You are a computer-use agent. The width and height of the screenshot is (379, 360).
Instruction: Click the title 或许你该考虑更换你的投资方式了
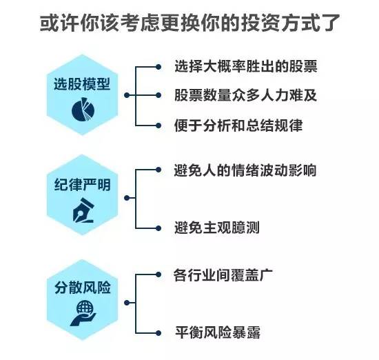click(x=190, y=23)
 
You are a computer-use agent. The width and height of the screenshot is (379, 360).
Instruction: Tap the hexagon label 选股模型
click(x=82, y=84)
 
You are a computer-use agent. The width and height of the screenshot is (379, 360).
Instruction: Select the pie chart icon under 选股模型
click(x=83, y=109)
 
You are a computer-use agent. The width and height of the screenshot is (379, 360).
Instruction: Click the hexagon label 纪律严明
click(x=82, y=184)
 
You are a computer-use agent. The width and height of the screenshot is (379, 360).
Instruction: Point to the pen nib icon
click(x=83, y=210)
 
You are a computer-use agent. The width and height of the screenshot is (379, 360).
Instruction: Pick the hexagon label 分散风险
click(x=82, y=288)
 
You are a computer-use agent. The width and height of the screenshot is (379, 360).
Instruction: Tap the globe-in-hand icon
click(x=83, y=313)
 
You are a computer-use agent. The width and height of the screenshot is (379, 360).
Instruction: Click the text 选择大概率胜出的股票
click(x=245, y=66)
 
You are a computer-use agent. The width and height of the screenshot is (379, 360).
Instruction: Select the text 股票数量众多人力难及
click(x=245, y=95)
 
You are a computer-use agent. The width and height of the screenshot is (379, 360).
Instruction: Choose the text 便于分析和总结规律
click(x=238, y=126)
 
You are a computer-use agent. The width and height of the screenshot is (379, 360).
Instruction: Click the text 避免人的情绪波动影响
click(x=245, y=170)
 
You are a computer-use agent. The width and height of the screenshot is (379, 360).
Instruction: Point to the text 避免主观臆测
click(x=216, y=228)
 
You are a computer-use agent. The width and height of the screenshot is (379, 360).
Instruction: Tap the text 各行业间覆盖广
click(x=223, y=274)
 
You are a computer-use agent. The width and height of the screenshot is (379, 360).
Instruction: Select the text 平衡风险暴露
click(x=218, y=332)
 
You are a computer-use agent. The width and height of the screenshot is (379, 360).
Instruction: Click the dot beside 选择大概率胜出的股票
click(x=158, y=67)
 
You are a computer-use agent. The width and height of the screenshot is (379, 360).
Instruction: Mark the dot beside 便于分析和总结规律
click(x=158, y=126)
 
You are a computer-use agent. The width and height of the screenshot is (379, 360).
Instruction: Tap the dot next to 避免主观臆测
click(x=158, y=228)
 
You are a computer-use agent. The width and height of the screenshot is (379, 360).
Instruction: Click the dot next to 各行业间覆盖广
click(x=158, y=274)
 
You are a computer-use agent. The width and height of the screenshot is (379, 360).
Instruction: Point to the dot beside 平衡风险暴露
click(x=158, y=333)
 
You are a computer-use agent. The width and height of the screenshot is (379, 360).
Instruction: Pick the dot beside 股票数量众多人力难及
click(x=158, y=95)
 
